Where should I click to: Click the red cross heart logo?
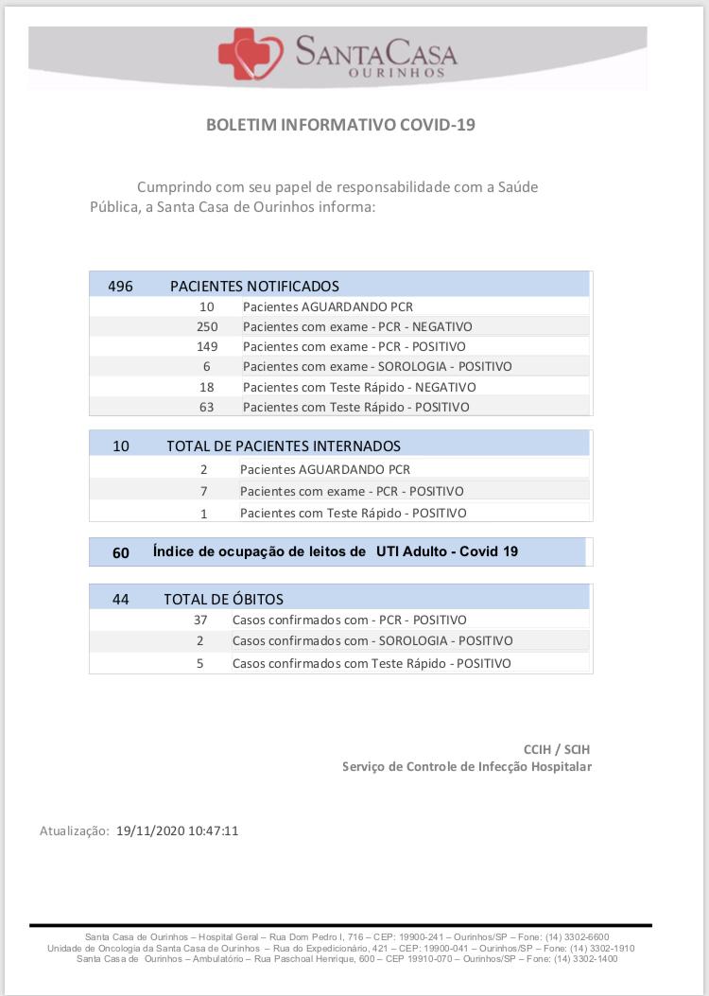[250, 54]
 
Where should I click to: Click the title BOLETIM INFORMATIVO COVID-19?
[340, 125]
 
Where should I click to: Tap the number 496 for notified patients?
[121, 286]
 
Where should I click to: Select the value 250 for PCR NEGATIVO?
[207, 326]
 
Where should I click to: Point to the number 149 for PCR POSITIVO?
[207, 346]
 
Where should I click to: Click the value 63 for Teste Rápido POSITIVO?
[207, 407]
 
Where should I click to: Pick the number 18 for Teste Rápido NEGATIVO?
[207, 387]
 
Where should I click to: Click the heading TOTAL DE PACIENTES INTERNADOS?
[284, 446]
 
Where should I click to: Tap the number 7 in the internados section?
[203, 491]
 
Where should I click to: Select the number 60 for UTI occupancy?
[121, 552]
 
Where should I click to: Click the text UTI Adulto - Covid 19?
[446, 551]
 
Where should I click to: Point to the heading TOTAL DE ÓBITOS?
[223, 599]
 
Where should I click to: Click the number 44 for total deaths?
[120, 599]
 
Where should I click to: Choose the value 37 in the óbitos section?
[200, 620]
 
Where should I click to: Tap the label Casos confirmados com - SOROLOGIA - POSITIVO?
[372, 640]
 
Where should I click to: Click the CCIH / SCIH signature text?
[558, 749]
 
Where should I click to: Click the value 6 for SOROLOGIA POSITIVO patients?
[207, 366]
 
